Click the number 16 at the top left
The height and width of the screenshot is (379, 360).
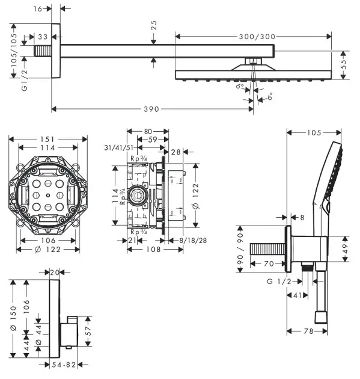[x=38, y=9]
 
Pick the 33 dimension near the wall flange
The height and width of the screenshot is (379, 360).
[x=42, y=37]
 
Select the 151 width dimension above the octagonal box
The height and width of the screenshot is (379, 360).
[x=48, y=138]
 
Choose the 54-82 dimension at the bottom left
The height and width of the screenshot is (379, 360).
[x=62, y=365]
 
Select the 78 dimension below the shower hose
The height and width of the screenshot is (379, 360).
[x=308, y=331]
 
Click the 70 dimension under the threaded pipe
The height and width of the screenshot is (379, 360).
[x=268, y=262]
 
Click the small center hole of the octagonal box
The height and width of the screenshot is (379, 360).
[x=48, y=196]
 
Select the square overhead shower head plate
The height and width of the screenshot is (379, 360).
[x=253, y=75]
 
